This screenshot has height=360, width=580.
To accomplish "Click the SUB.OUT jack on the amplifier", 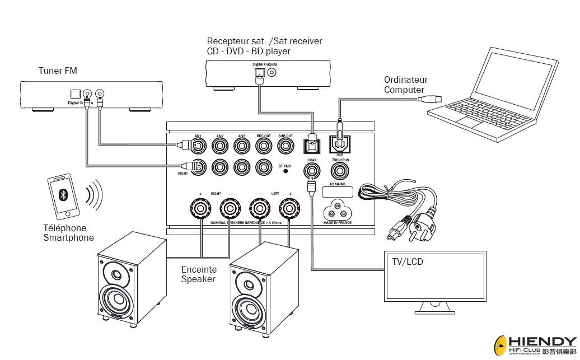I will pyautogui.click(x=286, y=146).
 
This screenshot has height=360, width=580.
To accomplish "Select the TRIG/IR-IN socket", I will pyautogui.click(x=340, y=171).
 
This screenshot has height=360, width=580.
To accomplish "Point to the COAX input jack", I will pyautogui.click(x=311, y=171).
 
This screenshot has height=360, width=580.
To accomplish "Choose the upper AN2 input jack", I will pyautogui.click(x=220, y=146).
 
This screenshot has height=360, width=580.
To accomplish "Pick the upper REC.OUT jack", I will pyautogui.click(x=263, y=146).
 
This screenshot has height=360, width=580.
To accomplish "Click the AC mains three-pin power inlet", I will pyautogui.click(x=339, y=211).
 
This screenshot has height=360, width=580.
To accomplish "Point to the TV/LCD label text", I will pyautogui.click(x=406, y=261).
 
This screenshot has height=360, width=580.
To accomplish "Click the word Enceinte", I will pyautogui.click(x=199, y=270).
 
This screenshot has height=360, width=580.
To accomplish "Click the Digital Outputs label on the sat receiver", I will pyautogui.click(x=265, y=64).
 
